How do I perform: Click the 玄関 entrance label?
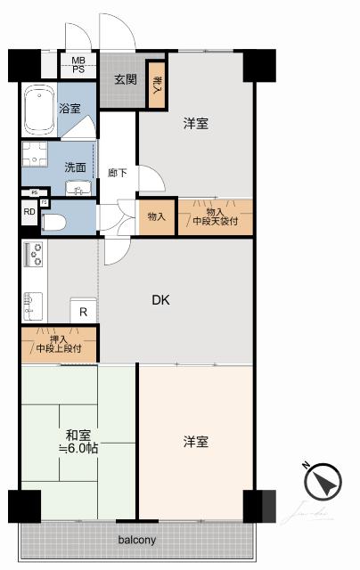(x=124, y=77)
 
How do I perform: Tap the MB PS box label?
(x=78, y=65)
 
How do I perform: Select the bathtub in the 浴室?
(x=39, y=106)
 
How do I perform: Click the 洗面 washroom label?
(x=74, y=166)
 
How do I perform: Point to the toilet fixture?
(x=53, y=222)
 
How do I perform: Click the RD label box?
(x=29, y=212)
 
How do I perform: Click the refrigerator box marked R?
(x=83, y=312)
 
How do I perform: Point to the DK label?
(x=160, y=300)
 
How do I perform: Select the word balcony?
(x=136, y=540)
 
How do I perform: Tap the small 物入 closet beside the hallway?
(x=156, y=216)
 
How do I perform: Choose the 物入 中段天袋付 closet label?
(x=215, y=216)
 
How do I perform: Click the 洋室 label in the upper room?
(x=196, y=124)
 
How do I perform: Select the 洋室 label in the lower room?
(x=196, y=441)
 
